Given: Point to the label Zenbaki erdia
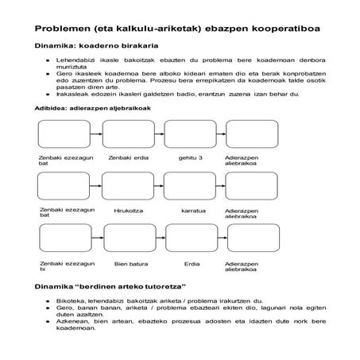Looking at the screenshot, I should tap(128, 157).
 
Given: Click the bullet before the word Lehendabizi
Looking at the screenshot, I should tap(48, 60).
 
